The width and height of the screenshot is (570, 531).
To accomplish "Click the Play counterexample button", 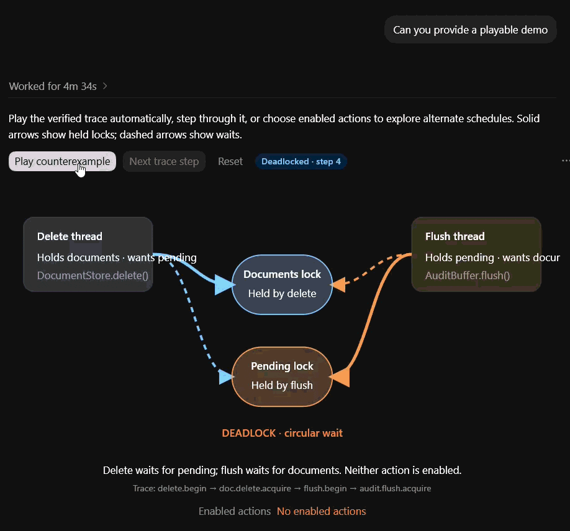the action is tap(62, 161).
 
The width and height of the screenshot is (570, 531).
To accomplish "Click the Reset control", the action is tap(230, 161).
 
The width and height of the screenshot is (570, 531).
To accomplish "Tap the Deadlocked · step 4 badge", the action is tap(301, 161).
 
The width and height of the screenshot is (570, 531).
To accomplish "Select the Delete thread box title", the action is tap(70, 236).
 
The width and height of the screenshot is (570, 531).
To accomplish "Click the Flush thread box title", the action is tap(455, 236).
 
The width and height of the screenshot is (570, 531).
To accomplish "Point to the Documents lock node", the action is tap(282, 284).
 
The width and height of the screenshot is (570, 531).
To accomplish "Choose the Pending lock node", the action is tap(282, 377).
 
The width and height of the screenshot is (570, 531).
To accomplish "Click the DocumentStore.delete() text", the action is tap(93, 275).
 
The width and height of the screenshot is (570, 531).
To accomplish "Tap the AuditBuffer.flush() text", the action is tap(468, 275).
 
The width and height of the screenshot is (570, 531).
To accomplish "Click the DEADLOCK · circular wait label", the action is tap(282, 433).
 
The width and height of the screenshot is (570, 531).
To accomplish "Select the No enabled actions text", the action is tap(322, 511).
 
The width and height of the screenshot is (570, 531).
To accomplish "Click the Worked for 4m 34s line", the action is tap(53, 86).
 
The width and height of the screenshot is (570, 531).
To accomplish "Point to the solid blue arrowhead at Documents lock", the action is tap(224, 285).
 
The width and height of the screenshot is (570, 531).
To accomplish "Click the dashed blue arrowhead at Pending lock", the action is tap(226, 377).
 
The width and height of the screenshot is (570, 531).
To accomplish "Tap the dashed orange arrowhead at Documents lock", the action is tap(338, 285).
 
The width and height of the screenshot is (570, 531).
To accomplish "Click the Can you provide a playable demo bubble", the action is tap(471, 30).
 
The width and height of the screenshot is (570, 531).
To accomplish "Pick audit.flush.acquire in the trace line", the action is tap(395, 488).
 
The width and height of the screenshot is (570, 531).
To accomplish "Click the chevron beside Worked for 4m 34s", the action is tap(105, 86).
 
